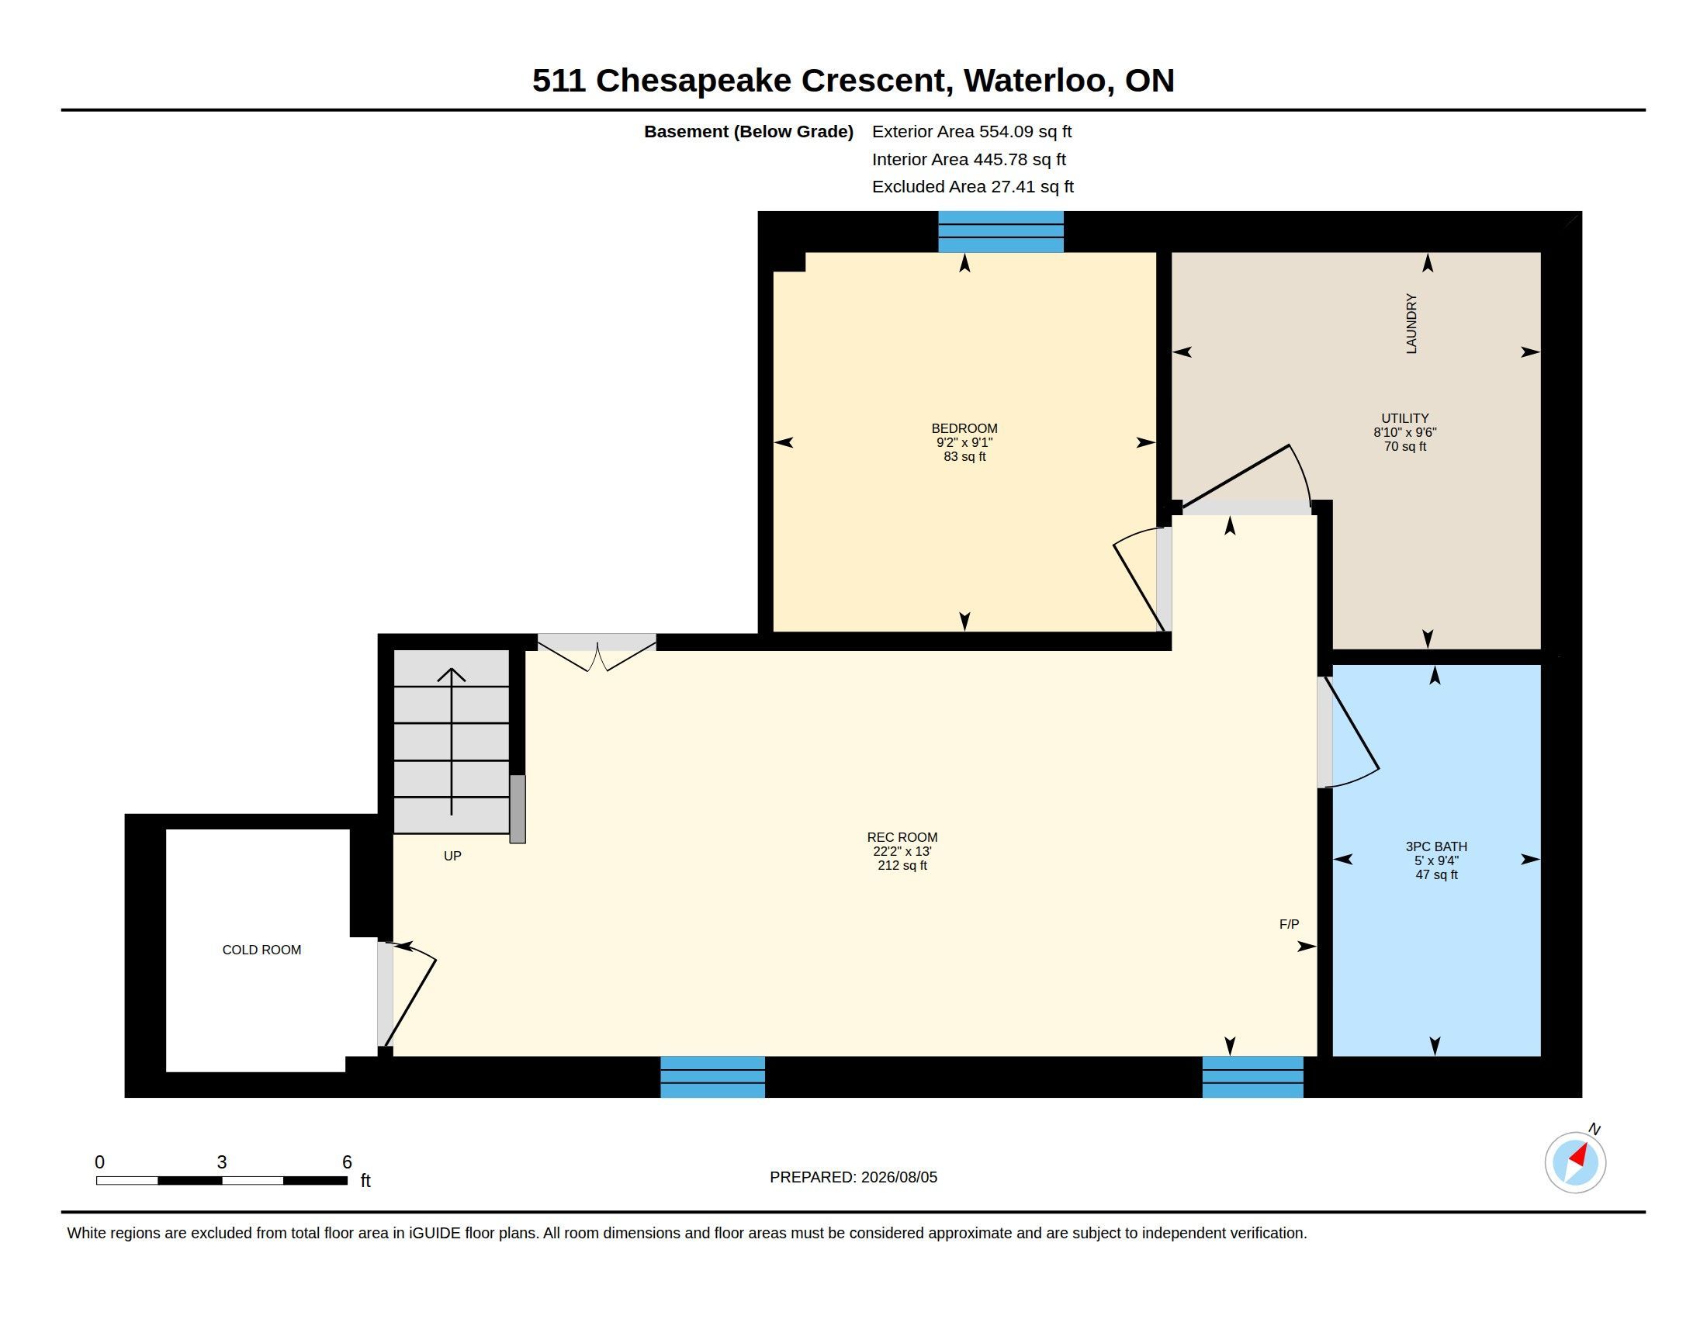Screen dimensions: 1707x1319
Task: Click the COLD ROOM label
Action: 261,950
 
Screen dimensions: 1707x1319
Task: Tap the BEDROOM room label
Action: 964,428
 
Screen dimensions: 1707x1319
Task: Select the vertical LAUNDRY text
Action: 1411,324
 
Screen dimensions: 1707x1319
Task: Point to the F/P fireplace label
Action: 1289,924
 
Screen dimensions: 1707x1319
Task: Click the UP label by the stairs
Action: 452,856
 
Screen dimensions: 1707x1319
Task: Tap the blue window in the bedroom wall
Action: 1000,231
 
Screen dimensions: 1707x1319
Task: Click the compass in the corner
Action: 1575,1162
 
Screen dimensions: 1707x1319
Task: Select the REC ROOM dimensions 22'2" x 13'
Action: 902,852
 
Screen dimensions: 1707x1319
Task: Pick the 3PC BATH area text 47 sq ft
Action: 1435,875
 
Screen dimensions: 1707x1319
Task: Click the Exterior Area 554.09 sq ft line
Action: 971,131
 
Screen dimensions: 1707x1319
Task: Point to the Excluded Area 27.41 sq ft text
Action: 972,187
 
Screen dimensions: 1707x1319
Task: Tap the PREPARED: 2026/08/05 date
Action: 853,1177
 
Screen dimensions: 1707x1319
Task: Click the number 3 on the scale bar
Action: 222,1162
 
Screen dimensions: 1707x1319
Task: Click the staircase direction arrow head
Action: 451,674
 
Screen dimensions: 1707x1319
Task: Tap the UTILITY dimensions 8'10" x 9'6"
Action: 1404,432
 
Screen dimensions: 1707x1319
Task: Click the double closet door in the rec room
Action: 597,653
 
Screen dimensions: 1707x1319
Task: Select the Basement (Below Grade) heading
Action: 748,131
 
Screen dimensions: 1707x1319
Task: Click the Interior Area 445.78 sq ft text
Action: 968,159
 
